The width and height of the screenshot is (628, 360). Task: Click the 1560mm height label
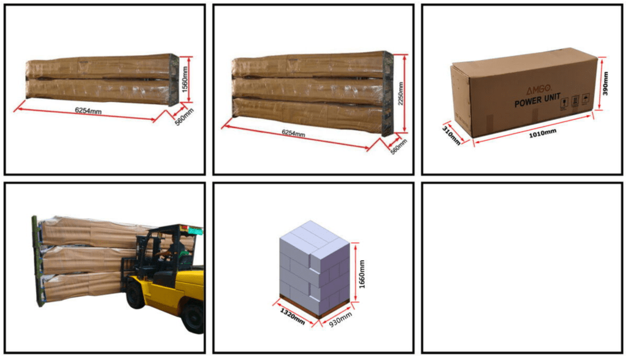pos(185,79)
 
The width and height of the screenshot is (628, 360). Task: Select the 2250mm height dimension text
pos(401,94)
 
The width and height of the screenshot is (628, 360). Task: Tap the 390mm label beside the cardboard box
pos(605,83)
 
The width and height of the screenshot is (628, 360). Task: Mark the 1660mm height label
pos(362,274)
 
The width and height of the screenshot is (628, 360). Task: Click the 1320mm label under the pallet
pos(292,316)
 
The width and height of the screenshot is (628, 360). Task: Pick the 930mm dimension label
pos(340,319)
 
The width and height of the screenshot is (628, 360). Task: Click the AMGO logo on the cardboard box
pos(538,90)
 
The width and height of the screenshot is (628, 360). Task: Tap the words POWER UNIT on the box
pos(537,101)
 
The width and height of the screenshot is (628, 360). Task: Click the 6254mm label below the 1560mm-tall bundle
pos(88,110)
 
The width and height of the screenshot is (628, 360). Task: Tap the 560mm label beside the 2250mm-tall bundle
pos(399,147)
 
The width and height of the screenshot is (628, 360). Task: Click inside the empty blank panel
pos(522,268)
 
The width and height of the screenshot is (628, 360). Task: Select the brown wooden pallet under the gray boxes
pos(315,307)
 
